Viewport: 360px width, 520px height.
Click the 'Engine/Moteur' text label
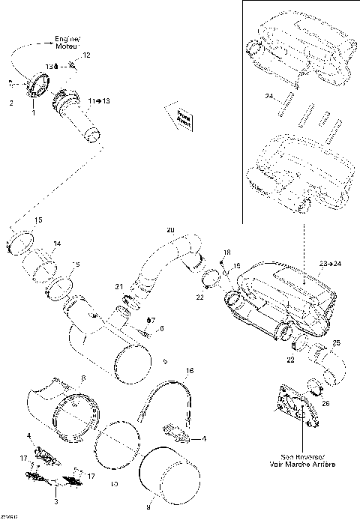(x=69, y=41)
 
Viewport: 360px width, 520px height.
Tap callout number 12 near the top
(x=86, y=56)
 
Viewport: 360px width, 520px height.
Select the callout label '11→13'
(x=98, y=100)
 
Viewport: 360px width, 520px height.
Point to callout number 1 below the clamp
(x=33, y=115)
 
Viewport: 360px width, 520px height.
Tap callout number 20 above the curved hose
(x=169, y=229)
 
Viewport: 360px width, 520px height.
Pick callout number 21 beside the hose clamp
(x=118, y=288)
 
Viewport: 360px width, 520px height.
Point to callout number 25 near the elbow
(x=335, y=342)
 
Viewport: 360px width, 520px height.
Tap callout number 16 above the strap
(x=189, y=371)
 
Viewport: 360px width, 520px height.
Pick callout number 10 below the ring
(x=114, y=486)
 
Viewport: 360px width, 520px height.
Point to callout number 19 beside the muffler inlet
(x=236, y=266)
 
